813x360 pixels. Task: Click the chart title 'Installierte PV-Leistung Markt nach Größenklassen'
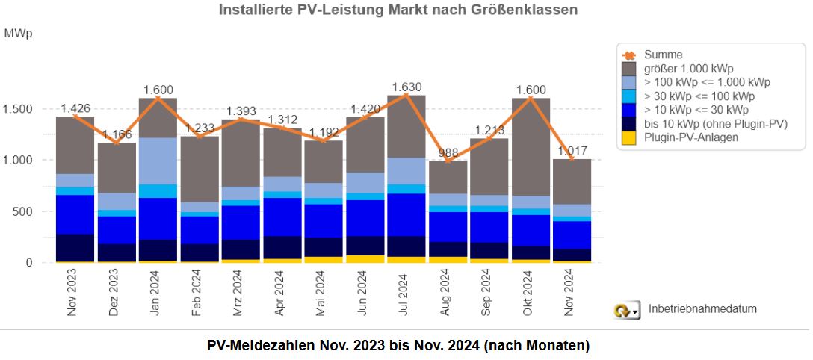coord(398,10)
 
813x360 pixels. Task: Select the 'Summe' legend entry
coord(663,55)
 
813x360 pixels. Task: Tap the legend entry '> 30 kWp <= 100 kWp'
coord(699,96)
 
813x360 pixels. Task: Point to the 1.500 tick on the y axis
coord(19,109)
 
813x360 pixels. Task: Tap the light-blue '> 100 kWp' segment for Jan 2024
coord(158,161)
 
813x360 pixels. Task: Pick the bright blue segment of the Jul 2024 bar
coord(406,214)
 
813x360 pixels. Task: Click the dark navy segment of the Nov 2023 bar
coord(75,247)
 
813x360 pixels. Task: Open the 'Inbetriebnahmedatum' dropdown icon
coord(626,310)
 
